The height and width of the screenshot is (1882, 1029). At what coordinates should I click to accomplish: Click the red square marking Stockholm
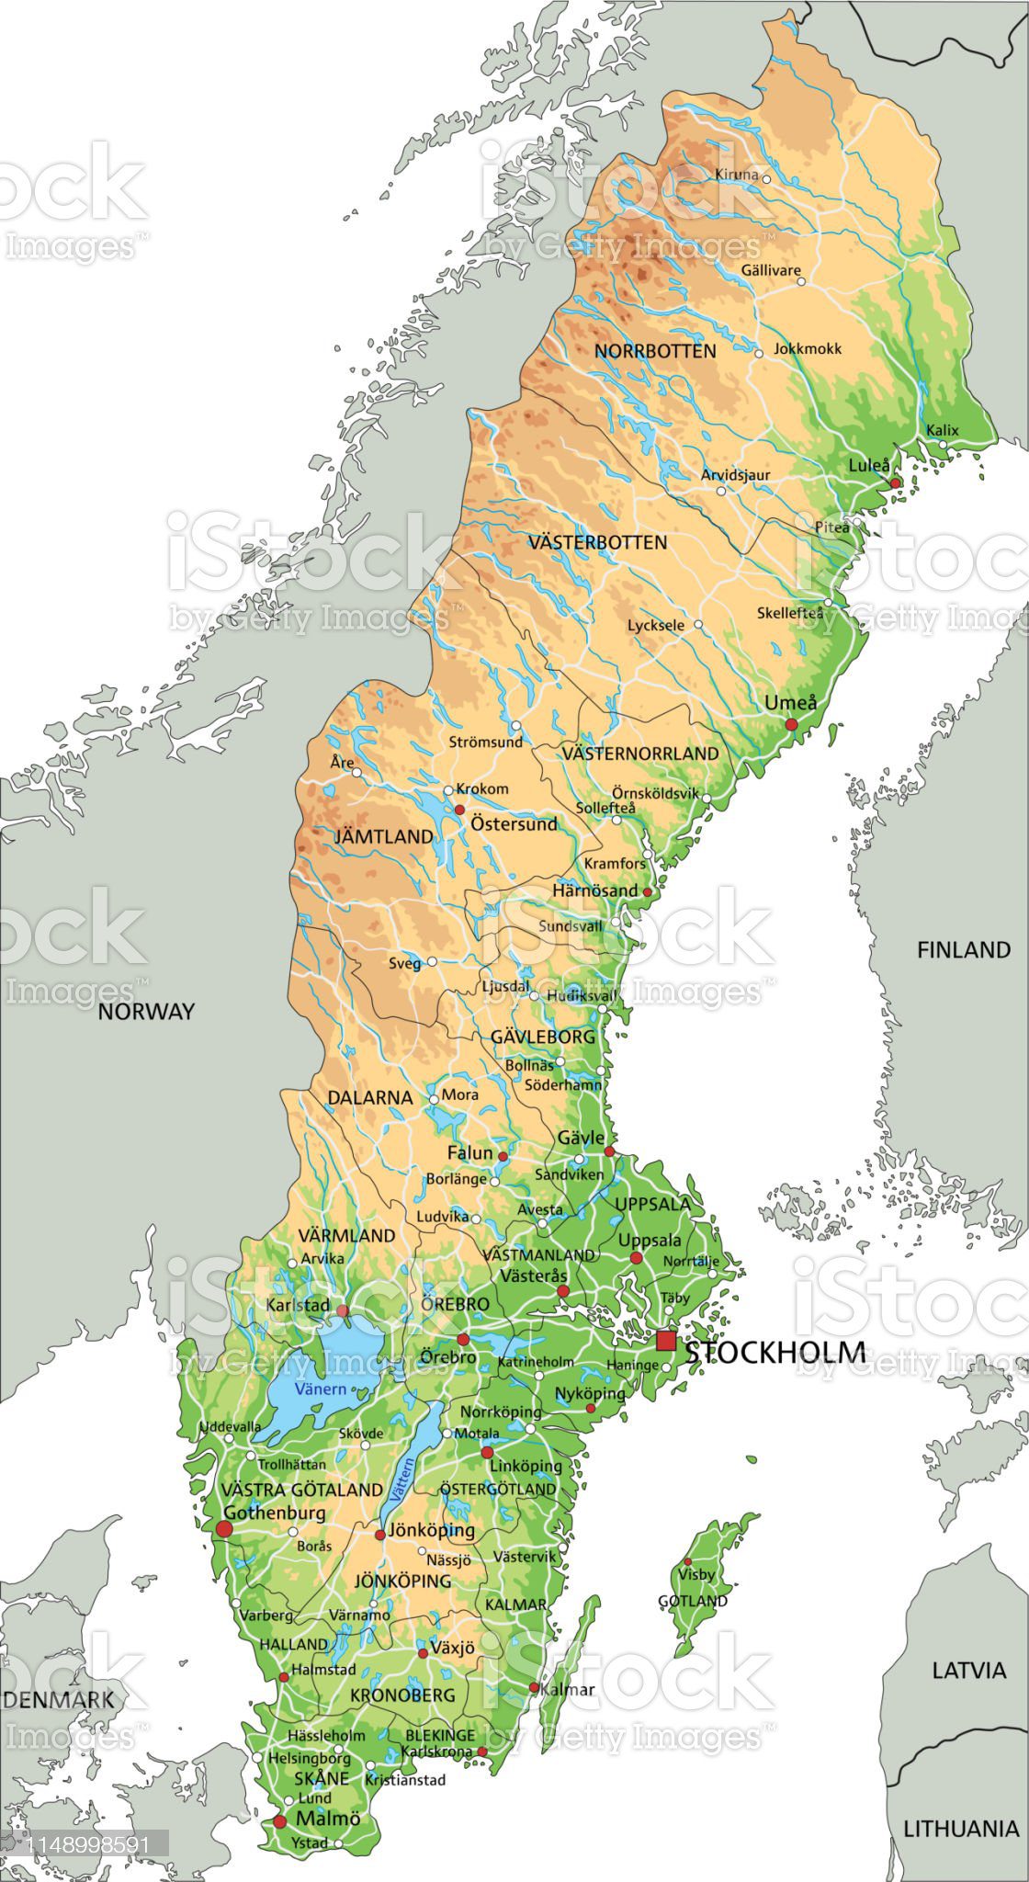(x=666, y=1340)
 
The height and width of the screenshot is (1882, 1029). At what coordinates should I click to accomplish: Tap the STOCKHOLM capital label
(x=775, y=1352)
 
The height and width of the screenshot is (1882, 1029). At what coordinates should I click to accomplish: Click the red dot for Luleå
(x=895, y=482)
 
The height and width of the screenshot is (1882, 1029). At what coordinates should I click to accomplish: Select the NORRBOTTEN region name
(x=655, y=351)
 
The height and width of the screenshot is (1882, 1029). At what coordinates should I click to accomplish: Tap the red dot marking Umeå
(x=791, y=725)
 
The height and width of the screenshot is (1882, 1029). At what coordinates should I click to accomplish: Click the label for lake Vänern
(x=321, y=1389)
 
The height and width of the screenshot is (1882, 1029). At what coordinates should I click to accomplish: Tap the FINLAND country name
(x=963, y=950)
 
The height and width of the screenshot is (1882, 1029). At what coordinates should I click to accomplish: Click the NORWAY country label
(x=147, y=1012)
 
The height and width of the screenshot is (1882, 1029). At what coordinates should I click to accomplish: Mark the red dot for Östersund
(x=459, y=810)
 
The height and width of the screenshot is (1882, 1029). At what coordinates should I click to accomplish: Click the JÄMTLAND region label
(x=383, y=836)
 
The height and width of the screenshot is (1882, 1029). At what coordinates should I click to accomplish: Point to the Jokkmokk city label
(x=808, y=349)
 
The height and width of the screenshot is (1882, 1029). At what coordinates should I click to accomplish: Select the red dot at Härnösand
(x=647, y=892)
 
